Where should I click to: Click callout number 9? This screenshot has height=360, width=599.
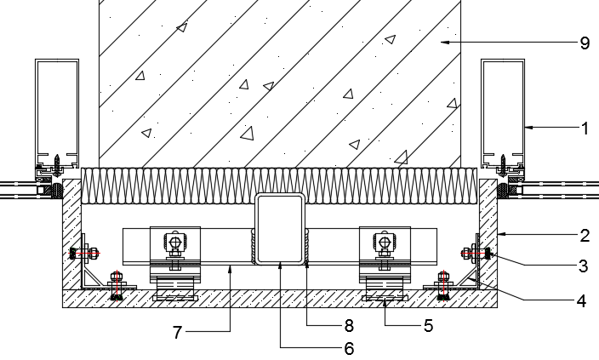click(585, 43)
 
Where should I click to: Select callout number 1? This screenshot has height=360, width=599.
click(585, 129)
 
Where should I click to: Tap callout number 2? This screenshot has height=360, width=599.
click(585, 236)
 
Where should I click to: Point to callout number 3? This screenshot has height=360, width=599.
click(583, 266)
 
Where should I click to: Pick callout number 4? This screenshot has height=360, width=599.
click(581, 301)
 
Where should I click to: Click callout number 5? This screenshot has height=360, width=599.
click(428, 326)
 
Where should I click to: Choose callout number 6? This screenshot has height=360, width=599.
click(349, 348)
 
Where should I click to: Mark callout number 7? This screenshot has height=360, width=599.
click(176, 333)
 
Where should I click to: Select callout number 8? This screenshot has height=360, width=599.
click(349, 326)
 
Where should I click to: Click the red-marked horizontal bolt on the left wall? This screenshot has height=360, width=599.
click(84, 253)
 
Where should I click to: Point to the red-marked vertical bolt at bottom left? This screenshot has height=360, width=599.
click(117, 285)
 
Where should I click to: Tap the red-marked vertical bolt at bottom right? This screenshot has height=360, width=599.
click(443, 285)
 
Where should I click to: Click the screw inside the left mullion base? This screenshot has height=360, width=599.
click(57, 164)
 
